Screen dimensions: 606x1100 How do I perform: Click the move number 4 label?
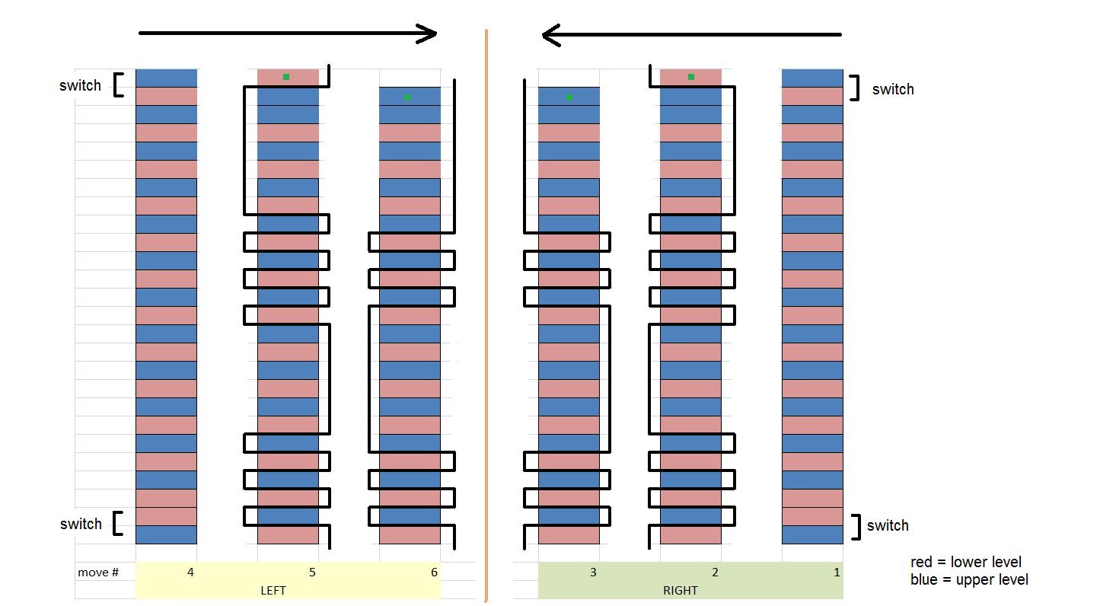[190, 573]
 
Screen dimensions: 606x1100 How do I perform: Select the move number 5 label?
[312, 573]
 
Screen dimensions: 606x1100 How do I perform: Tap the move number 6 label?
[434, 573]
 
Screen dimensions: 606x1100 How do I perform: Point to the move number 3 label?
[593, 573]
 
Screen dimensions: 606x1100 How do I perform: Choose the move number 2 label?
[715, 573]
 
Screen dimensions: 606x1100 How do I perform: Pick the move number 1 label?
[837, 573]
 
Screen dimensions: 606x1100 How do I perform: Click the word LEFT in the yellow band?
[273, 590]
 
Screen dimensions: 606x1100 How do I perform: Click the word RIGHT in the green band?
[680, 590]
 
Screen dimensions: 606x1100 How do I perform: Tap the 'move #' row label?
[98, 573]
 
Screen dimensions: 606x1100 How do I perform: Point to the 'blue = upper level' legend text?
[968, 580]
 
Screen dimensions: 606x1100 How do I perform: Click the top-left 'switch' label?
[80, 85]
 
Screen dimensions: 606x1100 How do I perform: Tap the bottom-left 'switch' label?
[81, 524]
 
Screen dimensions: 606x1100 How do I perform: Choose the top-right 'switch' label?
[893, 89]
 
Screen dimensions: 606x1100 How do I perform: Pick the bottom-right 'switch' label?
[888, 525]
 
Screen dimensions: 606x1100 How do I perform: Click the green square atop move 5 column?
[286, 77]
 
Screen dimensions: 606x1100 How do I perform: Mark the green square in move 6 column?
[407, 97]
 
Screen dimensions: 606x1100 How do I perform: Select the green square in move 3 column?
[569, 97]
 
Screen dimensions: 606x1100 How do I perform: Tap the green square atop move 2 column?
[691, 77]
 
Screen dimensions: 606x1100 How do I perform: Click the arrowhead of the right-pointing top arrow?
[429, 33]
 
